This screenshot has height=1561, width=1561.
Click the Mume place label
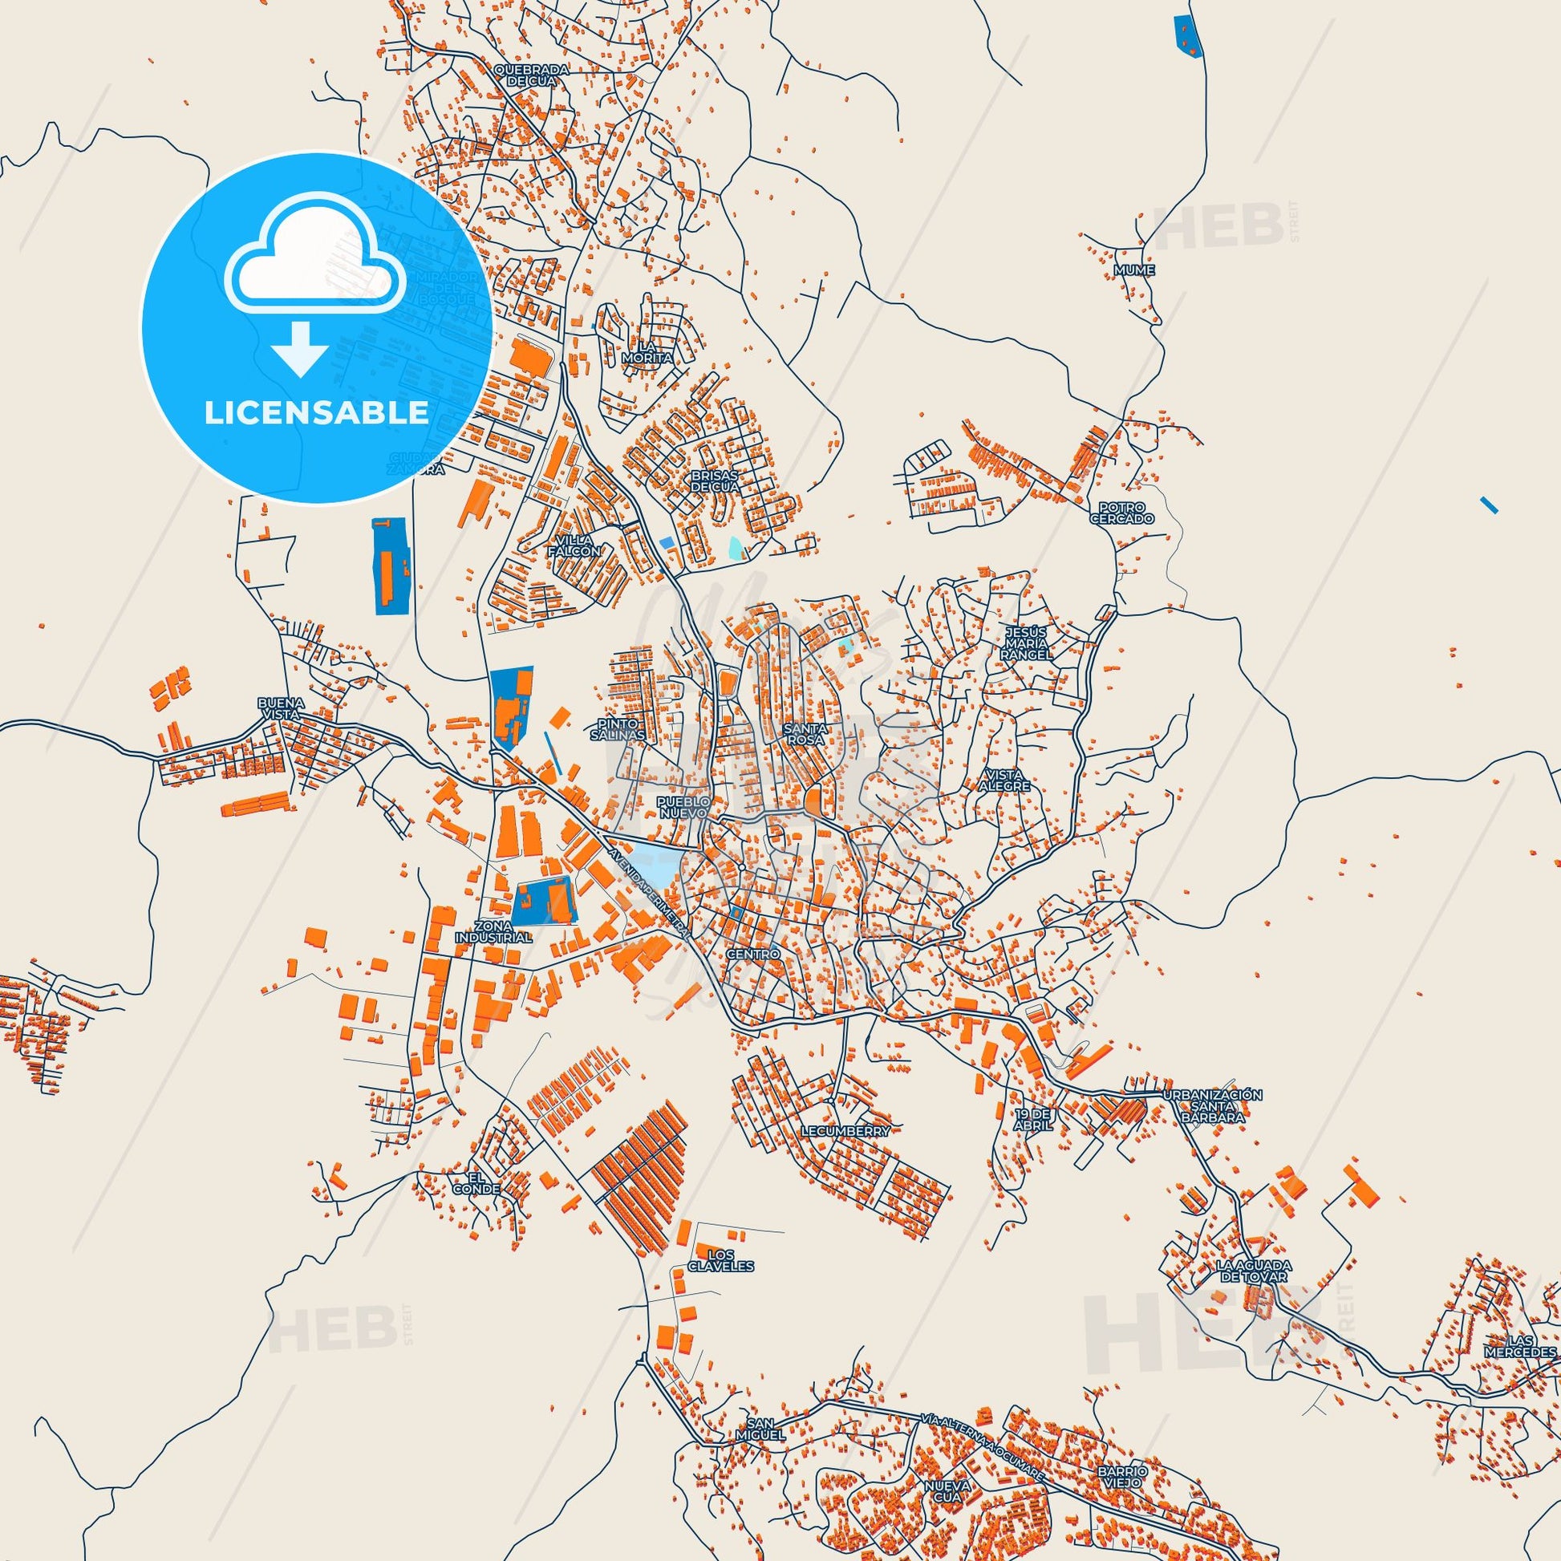(x=1133, y=270)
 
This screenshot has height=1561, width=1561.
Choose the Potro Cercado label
(x=1121, y=513)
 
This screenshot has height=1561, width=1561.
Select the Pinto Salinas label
(x=618, y=731)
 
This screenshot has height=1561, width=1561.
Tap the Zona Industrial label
(x=493, y=932)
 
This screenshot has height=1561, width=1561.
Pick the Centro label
(x=753, y=955)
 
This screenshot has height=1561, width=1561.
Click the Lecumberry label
(x=846, y=1131)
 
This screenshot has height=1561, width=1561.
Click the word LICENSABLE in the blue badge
(x=316, y=413)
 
